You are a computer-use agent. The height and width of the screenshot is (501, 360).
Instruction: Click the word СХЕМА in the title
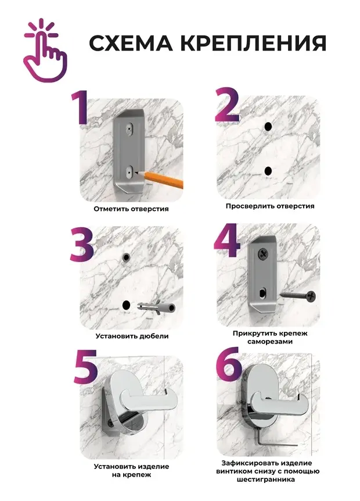(131, 43)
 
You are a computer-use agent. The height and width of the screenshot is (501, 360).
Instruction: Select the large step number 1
(80, 108)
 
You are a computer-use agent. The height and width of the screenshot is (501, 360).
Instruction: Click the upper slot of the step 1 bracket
(129, 128)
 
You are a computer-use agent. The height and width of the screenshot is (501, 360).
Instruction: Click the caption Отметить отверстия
(131, 209)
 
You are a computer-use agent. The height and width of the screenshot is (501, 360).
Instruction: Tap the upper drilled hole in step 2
(268, 127)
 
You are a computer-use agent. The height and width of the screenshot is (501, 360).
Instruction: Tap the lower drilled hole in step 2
(268, 171)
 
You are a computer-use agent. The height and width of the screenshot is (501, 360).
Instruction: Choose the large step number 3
(82, 245)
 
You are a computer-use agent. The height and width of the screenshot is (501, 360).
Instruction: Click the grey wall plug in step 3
(156, 307)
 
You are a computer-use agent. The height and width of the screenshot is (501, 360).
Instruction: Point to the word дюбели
(154, 336)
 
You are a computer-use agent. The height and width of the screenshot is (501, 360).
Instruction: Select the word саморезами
(270, 342)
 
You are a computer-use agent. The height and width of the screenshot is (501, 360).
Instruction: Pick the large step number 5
(85, 367)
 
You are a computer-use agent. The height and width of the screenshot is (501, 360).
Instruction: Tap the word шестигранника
(266, 479)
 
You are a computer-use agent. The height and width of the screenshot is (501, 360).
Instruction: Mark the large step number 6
(228, 364)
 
